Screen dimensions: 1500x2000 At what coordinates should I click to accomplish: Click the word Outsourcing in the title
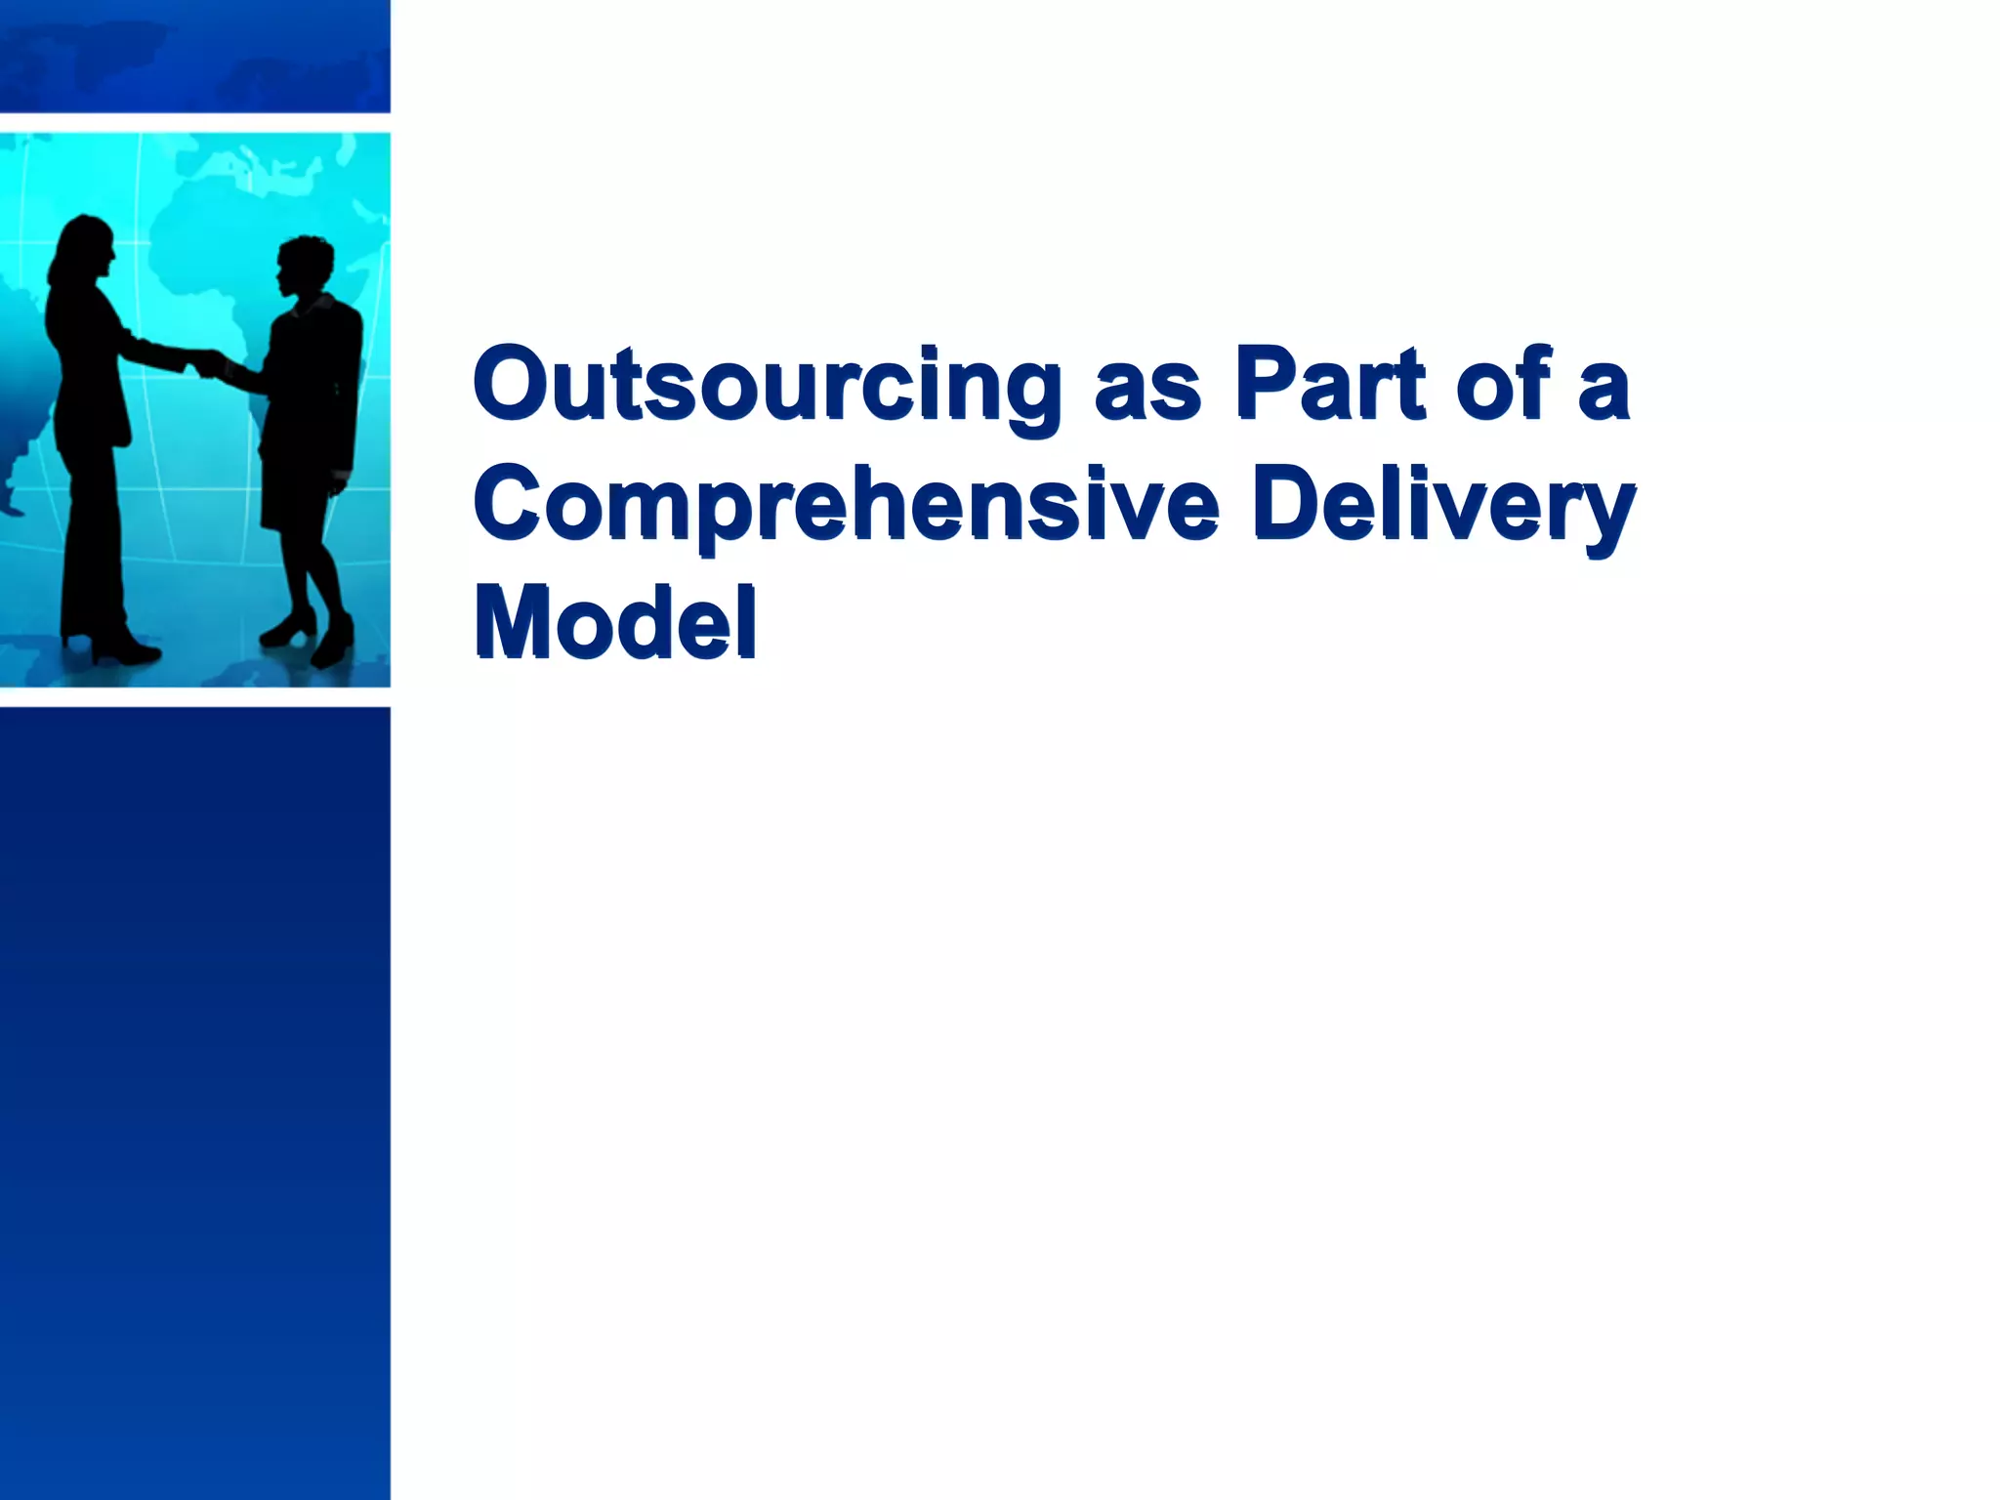(768, 386)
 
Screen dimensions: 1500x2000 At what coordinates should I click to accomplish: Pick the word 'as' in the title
(1147, 391)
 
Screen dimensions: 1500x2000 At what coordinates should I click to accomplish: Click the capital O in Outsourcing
(517, 383)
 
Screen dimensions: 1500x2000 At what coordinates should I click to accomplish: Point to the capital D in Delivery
(1289, 503)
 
